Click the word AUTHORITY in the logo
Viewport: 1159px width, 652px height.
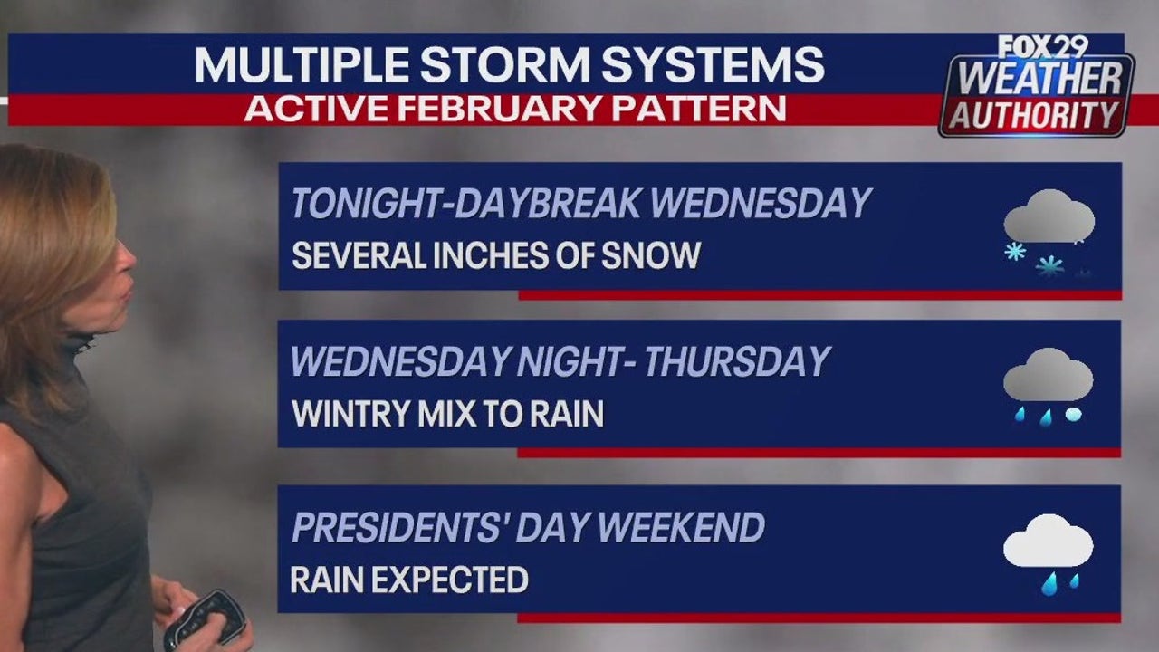point(1035,115)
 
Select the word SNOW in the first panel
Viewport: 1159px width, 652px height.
point(656,255)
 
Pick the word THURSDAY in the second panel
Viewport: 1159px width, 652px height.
point(738,362)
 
